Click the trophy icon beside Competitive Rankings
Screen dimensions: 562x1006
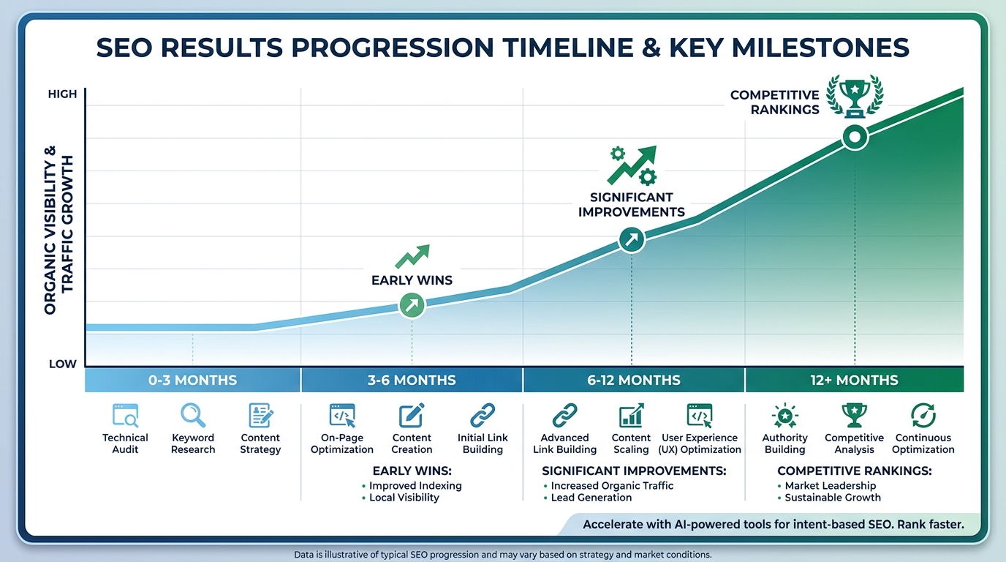(x=854, y=97)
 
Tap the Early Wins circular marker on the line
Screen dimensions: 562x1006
(x=412, y=305)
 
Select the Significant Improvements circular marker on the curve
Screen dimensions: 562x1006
(x=632, y=239)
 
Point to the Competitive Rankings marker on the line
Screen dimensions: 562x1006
(x=855, y=137)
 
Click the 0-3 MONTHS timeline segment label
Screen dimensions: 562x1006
(x=193, y=381)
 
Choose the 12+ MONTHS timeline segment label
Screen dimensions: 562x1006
(x=854, y=381)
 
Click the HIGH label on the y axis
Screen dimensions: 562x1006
(x=62, y=94)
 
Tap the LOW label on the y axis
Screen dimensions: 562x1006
(x=62, y=364)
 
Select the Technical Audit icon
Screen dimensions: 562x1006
(x=125, y=416)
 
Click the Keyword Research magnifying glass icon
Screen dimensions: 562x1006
(x=193, y=416)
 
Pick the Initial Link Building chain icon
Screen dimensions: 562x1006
(x=483, y=416)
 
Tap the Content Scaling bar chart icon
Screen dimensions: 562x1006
(x=631, y=416)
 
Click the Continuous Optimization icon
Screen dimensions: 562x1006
(x=923, y=416)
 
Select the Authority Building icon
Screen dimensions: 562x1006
(x=784, y=416)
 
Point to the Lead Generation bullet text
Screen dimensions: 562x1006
(x=591, y=498)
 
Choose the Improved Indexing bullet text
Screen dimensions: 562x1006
(x=415, y=486)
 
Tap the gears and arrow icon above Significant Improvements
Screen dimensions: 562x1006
(x=632, y=165)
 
